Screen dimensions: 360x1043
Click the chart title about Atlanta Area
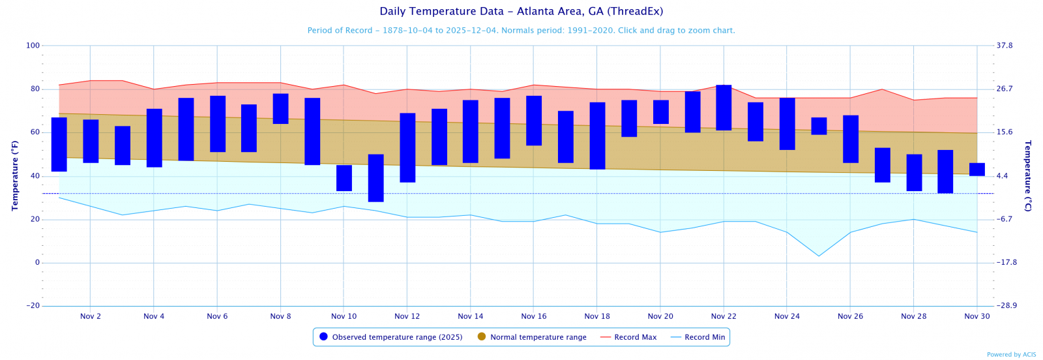pos(521,11)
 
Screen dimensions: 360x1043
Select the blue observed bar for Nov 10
pos(344,178)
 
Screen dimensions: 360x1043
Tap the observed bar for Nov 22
pos(724,108)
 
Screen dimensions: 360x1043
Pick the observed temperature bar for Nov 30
pos(977,170)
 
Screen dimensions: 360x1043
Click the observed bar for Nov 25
pos(819,126)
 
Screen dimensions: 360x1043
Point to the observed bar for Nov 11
pos(376,178)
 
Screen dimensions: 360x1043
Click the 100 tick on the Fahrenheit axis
pos(33,46)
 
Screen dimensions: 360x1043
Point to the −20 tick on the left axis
pos(33,306)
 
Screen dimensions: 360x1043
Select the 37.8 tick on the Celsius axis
pos(1005,46)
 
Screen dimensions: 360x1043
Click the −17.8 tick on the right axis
pos(1006,263)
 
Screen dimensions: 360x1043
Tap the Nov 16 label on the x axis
pos(534,316)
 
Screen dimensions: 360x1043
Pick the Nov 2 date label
pos(91,316)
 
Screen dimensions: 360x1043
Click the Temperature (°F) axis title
pos(14,175)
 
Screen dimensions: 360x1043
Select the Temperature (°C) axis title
pos(1028,175)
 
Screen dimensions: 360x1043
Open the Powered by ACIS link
pos(1011,355)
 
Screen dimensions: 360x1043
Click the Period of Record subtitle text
pos(521,31)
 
